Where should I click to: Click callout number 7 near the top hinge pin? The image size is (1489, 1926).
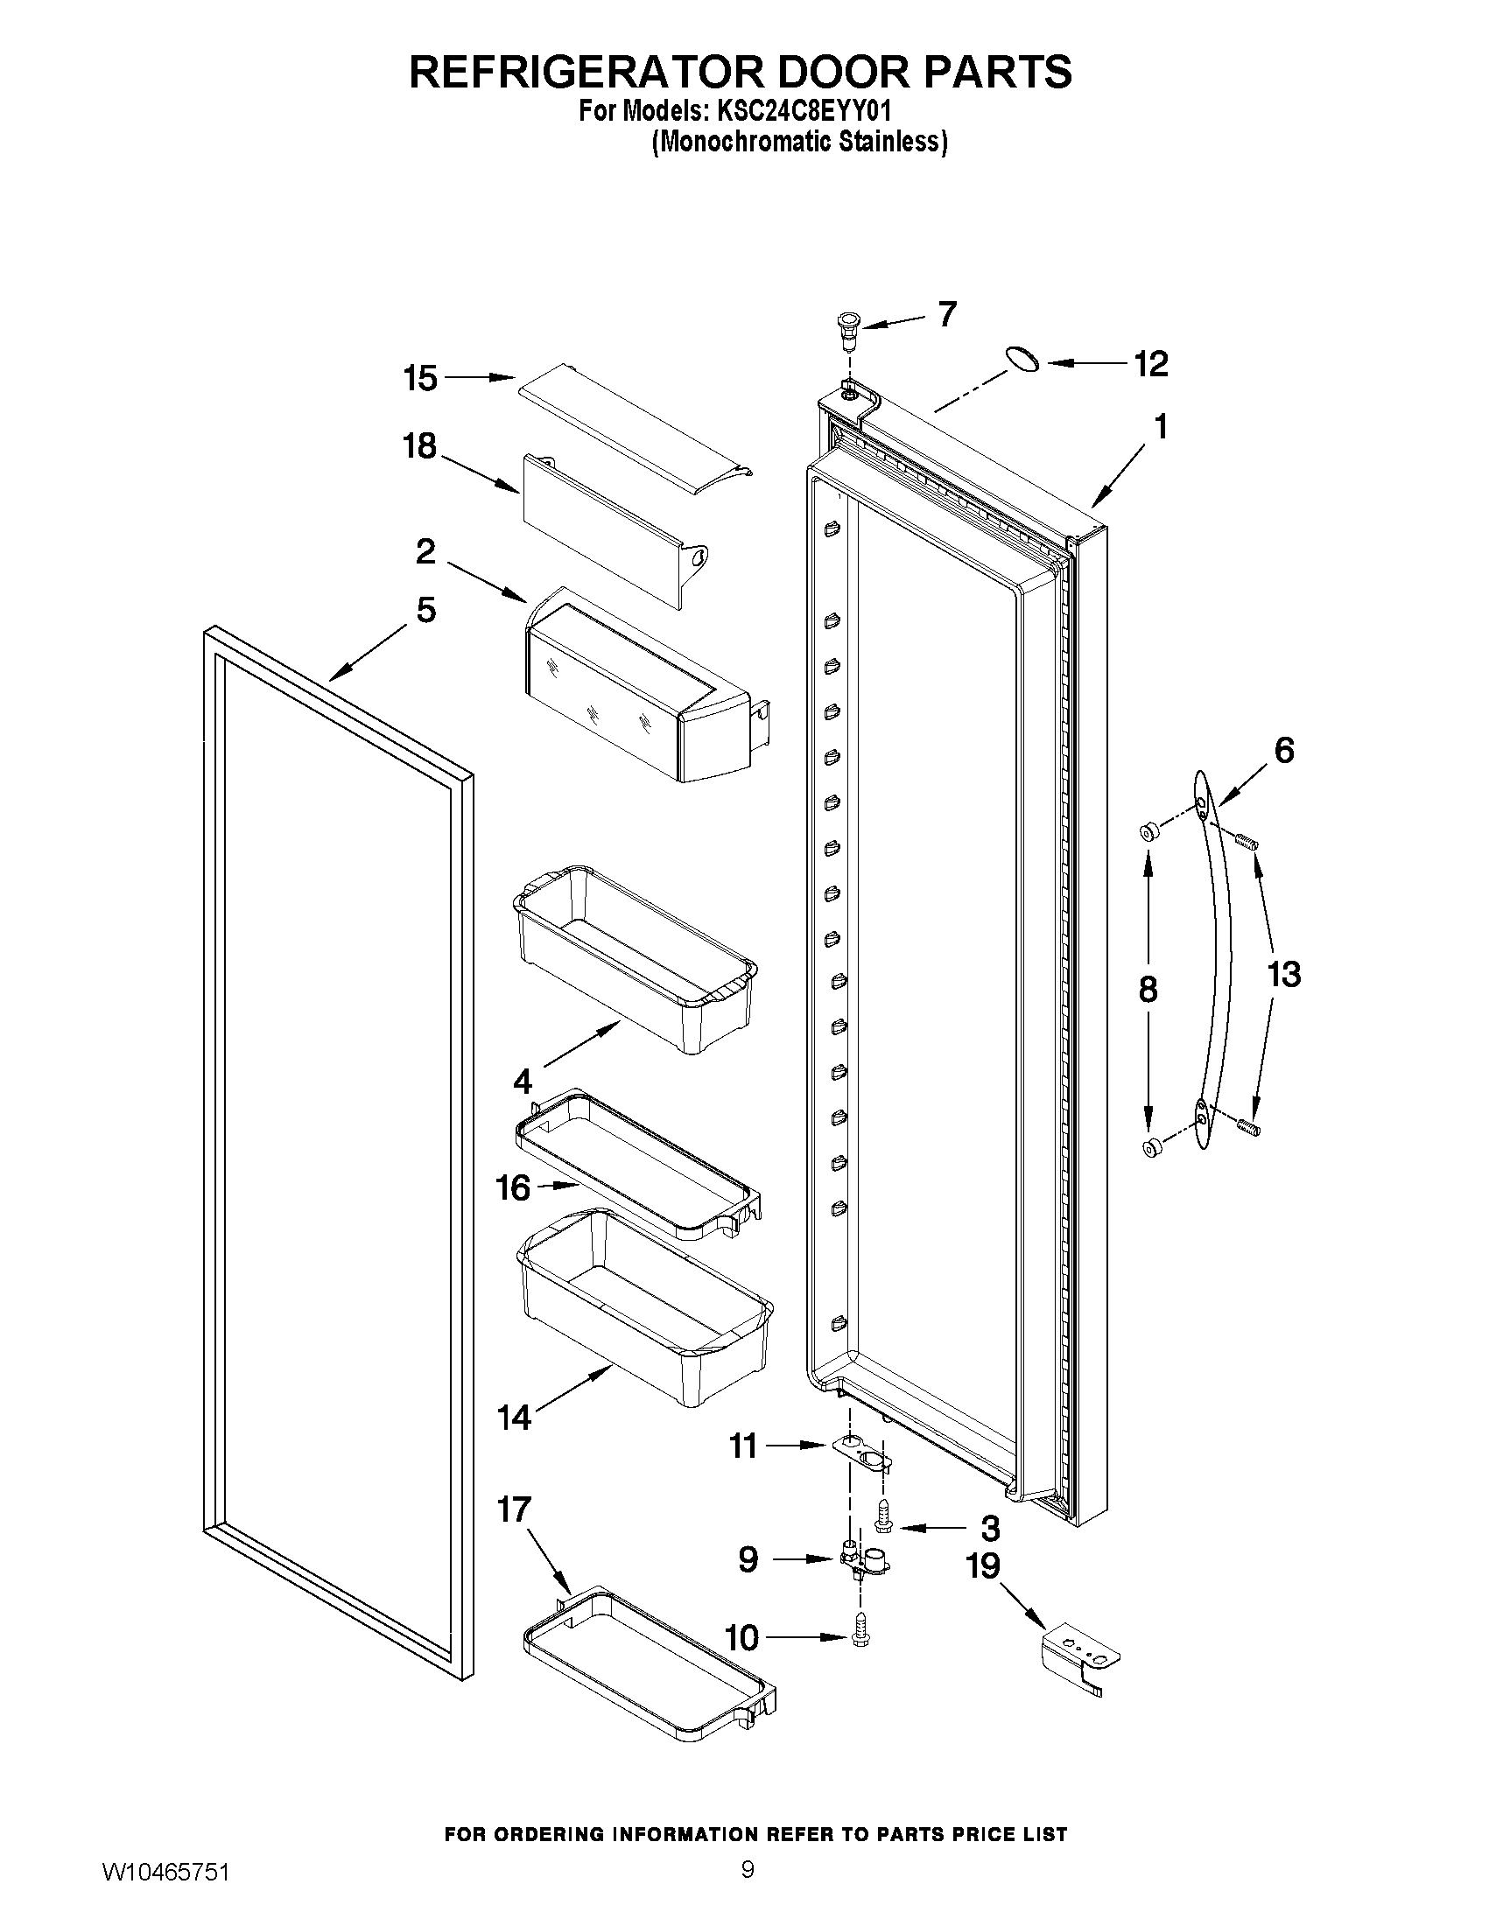946,314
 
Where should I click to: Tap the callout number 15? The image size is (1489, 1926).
420,378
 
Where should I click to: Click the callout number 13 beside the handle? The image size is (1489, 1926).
1283,975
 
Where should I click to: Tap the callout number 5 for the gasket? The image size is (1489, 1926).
426,609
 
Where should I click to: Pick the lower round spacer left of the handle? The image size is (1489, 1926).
1150,1146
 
